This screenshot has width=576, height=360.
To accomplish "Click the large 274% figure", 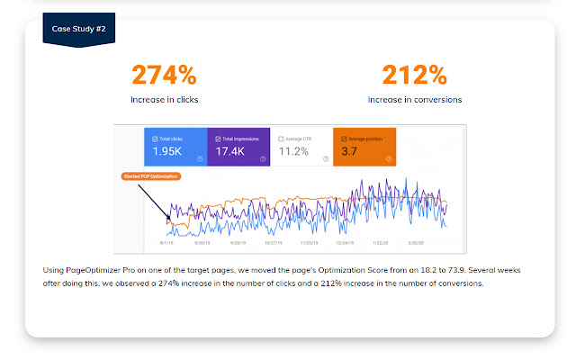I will [x=164, y=75].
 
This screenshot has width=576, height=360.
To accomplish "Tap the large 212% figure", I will [x=414, y=75].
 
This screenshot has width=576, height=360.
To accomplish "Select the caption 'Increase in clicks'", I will [x=164, y=99].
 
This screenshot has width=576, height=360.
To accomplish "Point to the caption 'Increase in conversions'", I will [x=414, y=99].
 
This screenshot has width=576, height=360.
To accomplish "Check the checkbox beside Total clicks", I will [x=156, y=139].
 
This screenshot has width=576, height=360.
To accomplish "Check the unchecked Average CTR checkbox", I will [x=281, y=139].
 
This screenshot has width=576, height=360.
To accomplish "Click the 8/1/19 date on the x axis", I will [x=167, y=243].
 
